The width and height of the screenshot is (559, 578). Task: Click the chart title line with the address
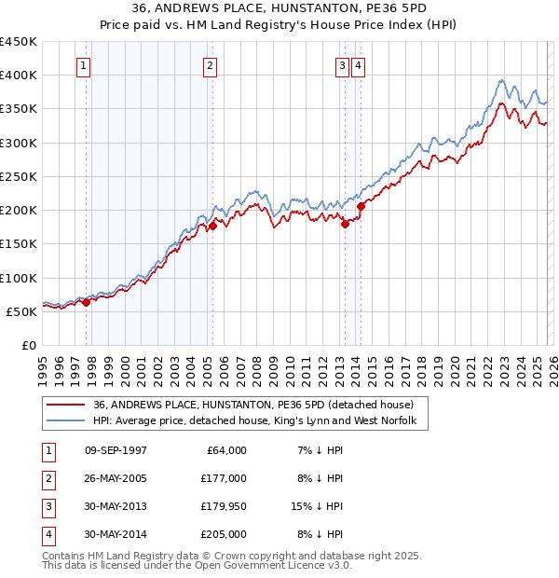tap(279, 8)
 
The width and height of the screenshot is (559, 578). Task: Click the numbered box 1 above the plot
tap(85, 65)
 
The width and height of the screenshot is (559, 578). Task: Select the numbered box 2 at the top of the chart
tap(211, 65)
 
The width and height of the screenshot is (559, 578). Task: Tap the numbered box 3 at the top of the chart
tap(342, 65)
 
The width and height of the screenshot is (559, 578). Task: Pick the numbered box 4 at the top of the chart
tap(358, 65)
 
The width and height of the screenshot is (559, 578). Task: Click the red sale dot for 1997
tap(86, 302)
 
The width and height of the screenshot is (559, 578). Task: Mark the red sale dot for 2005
tap(212, 226)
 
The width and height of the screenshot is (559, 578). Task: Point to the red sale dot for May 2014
tap(361, 206)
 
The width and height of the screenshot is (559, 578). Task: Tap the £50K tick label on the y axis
tap(21, 311)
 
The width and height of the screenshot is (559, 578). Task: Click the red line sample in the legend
tap(66, 405)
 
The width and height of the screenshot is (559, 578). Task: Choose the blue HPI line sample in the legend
tap(66, 421)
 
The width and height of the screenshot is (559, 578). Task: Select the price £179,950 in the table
tap(224, 507)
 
